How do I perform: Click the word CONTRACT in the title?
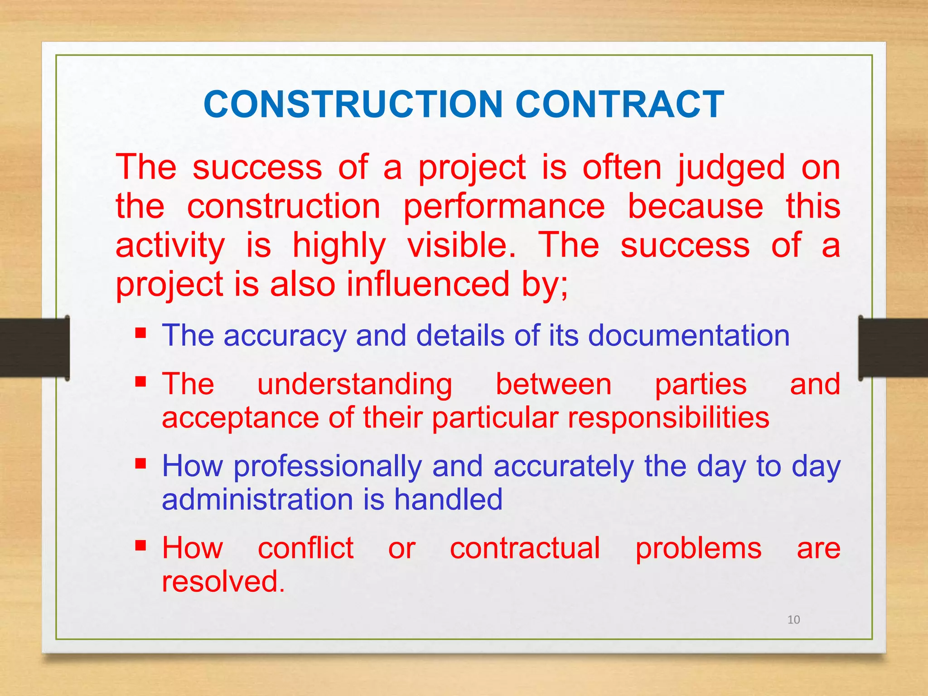(619, 105)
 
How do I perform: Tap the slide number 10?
(793, 619)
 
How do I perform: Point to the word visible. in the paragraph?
(461, 245)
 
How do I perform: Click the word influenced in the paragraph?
(428, 284)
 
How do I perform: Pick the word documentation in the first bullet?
(689, 336)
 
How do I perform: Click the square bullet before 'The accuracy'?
(140, 334)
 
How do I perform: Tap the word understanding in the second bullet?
(354, 385)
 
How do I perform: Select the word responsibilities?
(668, 417)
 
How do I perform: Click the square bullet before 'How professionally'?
(140, 464)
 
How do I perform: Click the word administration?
(257, 499)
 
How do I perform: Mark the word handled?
(448, 499)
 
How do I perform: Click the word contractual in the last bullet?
(525, 548)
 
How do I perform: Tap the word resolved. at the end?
(223, 581)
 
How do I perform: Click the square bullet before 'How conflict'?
(140, 545)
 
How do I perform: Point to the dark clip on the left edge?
(34, 348)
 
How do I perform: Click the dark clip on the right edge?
(893, 348)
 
